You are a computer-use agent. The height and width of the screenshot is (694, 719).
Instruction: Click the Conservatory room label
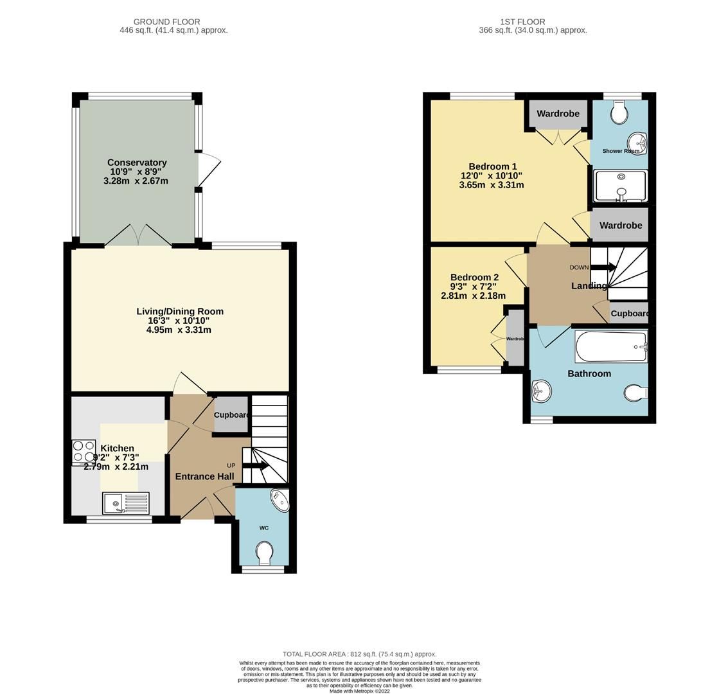(x=136, y=163)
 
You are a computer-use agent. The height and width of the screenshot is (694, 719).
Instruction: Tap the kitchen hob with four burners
(x=84, y=451)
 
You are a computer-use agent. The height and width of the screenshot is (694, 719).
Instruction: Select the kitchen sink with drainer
(x=125, y=503)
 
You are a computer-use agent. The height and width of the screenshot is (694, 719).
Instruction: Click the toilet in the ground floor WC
(x=264, y=552)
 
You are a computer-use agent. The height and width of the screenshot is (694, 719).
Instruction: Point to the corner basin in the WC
(x=280, y=499)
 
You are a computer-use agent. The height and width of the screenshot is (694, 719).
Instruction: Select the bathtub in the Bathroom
(x=610, y=347)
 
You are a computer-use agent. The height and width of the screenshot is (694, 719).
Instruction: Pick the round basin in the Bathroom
(x=541, y=391)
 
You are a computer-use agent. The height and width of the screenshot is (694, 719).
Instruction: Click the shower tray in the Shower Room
(x=621, y=186)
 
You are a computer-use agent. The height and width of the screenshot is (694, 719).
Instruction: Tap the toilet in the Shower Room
(x=619, y=114)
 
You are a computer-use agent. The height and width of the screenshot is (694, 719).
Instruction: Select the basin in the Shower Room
(x=637, y=142)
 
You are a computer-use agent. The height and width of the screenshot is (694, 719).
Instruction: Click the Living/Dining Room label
(x=180, y=312)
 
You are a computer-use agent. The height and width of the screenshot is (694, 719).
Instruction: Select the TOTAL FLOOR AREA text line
(x=359, y=654)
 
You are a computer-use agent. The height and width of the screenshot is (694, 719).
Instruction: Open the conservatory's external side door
(x=209, y=170)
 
